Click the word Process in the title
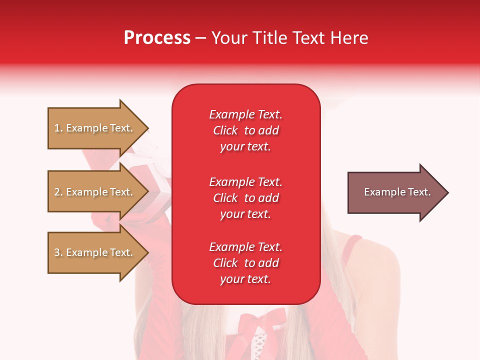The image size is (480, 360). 157,38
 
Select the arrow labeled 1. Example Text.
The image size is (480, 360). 95,128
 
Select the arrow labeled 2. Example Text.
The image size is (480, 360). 95,192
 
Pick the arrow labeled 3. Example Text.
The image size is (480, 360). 95,252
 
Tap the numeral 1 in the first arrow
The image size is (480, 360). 57,128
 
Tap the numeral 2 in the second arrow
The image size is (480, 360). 57,192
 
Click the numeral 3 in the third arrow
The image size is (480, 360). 57,252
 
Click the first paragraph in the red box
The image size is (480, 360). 245,130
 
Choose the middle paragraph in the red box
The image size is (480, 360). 245,198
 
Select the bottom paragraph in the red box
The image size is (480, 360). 245,263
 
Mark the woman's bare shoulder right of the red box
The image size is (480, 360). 380,270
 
